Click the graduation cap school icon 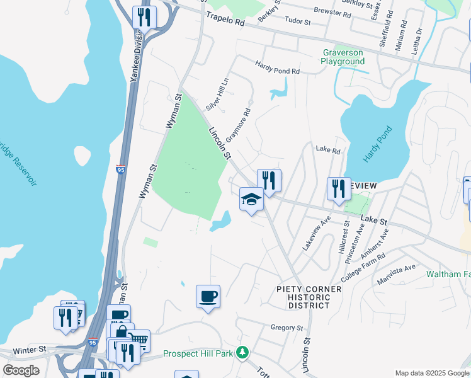(251, 200)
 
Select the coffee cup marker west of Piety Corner (208, 296)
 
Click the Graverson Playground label (343, 57)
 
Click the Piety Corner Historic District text (309, 297)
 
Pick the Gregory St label (287, 328)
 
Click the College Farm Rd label (363, 268)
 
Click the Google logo (21, 370)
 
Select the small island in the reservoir (82, 156)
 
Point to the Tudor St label (299, 21)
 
